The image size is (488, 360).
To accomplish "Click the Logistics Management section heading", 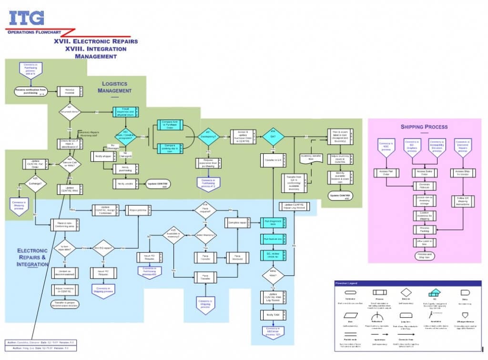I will point(116,87).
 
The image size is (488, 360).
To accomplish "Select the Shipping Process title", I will point(424,127).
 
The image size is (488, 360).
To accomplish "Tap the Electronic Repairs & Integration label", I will point(32,257).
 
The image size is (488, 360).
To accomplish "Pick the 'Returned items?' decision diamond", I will point(70,112).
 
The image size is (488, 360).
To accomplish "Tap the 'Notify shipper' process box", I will point(104,156).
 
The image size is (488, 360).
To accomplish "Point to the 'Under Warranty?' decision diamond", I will point(205,235).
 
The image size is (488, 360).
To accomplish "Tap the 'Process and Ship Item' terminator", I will point(424,255).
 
